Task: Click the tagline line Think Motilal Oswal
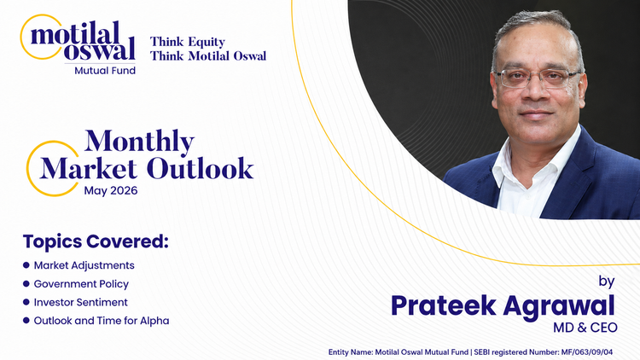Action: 208,56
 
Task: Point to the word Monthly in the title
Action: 140,142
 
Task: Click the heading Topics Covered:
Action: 96,241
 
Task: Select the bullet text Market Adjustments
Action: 84,265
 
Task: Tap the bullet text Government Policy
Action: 81,283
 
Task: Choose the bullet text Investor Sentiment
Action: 81,302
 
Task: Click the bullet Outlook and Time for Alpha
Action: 101,321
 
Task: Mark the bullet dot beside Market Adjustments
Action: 26,265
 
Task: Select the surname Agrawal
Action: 561,305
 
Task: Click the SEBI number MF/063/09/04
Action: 594,351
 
